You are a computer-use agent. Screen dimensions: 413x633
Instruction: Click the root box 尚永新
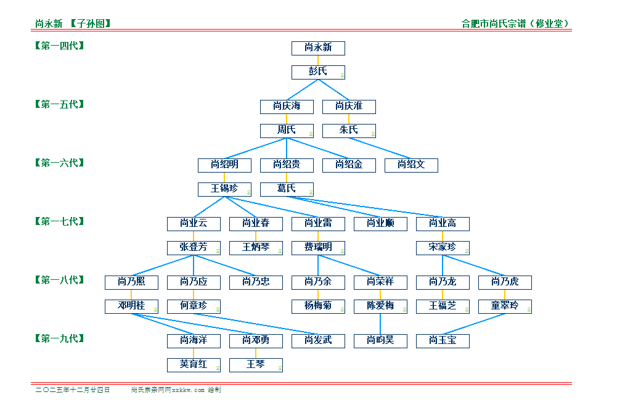click(318, 48)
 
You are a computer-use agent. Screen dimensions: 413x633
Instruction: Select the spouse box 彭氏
click(318, 72)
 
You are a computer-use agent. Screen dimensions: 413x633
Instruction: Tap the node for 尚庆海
click(287, 107)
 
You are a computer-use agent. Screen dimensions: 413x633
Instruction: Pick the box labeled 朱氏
click(349, 131)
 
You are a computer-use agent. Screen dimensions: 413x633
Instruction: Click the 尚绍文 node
click(411, 165)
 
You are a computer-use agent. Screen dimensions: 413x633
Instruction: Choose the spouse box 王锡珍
click(224, 189)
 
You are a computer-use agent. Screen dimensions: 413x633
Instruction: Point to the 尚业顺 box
click(380, 224)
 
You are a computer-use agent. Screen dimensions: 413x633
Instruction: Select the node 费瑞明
click(318, 248)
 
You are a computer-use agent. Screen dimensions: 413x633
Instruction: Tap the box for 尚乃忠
click(256, 282)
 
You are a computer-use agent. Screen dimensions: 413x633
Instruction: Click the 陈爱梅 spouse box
click(380, 306)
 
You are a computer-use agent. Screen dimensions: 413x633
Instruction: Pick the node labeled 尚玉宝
click(443, 341)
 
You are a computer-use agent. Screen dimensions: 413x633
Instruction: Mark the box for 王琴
click(256, 365)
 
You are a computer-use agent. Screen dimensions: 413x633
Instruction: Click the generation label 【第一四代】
click(59, 46)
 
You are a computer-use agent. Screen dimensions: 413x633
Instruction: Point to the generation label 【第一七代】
click(59, 221)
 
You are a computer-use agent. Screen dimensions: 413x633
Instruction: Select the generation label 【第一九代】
click(59, 338)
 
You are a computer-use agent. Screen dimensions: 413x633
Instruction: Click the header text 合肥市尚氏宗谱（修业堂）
click(515, 24)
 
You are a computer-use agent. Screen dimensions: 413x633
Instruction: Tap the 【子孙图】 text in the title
click(90, 24)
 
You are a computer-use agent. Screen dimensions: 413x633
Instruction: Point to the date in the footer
click(73, 390)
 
